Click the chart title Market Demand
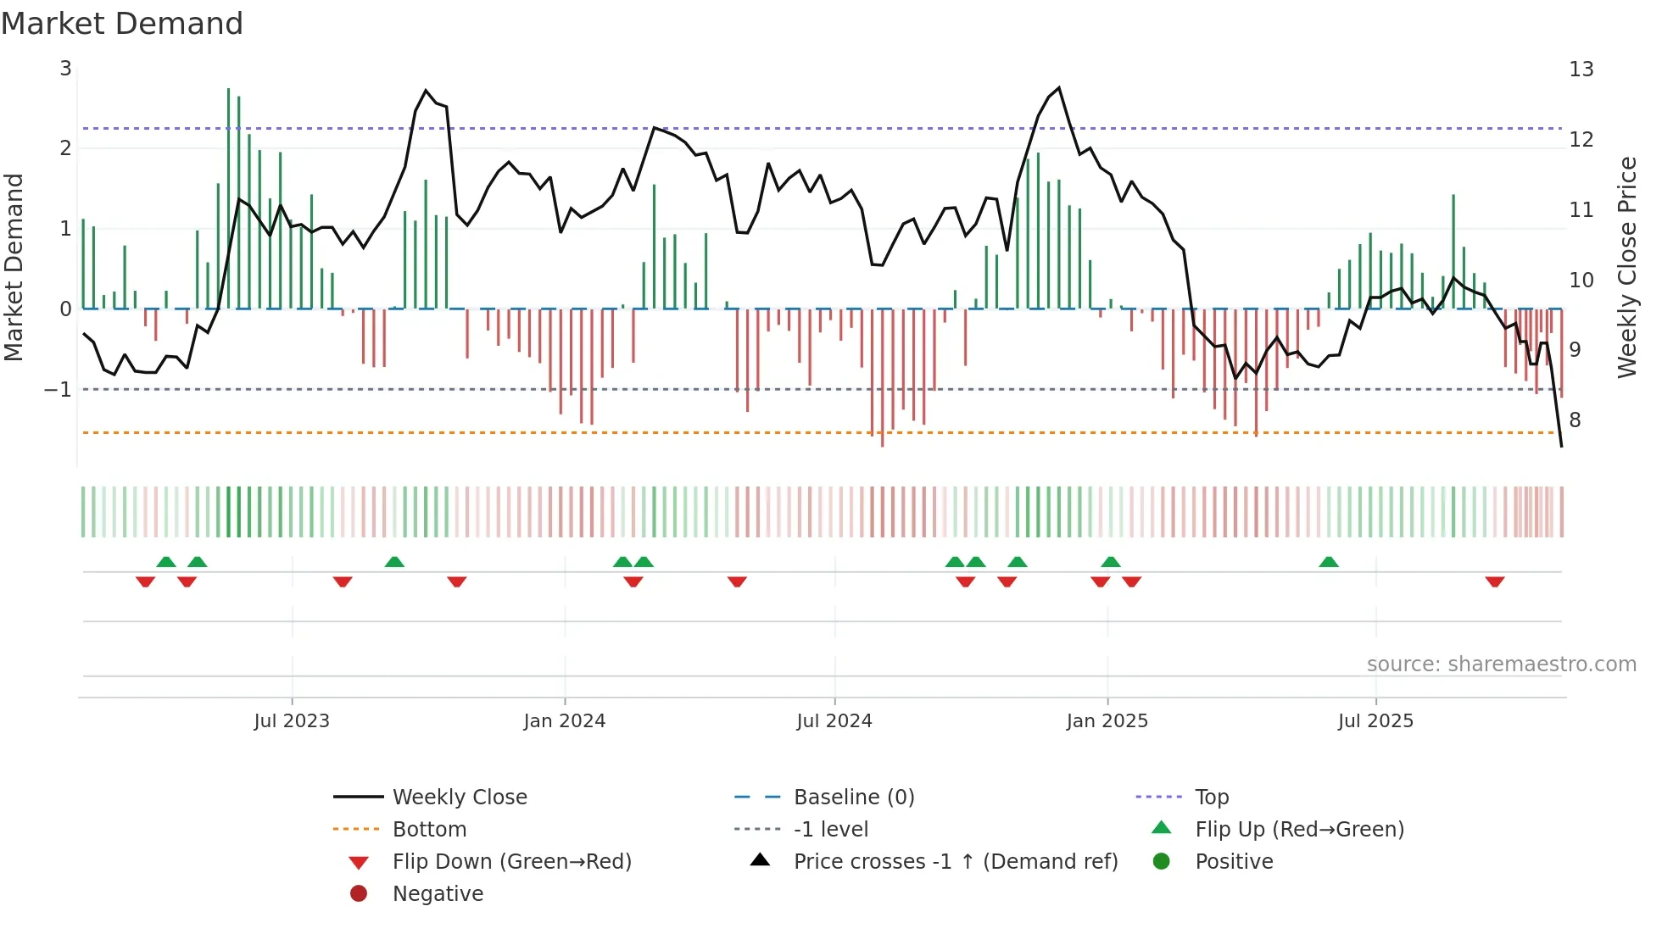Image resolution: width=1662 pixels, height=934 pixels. point(122,24)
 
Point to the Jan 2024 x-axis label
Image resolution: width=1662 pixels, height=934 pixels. point(564,721)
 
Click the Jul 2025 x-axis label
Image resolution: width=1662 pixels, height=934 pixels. point(1375,721)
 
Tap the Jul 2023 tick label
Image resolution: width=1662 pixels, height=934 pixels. point(292,721)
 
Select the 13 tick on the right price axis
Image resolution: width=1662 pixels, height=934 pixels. point(1581,69)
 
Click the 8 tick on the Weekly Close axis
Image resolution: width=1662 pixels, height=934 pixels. point(1575,420)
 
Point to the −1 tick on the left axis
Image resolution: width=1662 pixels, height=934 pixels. point(58,390)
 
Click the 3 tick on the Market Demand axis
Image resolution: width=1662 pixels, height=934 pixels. point(65,69)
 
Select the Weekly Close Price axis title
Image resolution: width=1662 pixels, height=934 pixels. point(1626,267)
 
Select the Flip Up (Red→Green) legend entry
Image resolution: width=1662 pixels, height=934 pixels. point(1299,830)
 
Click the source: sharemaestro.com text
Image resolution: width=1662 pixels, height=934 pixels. point(1501,664)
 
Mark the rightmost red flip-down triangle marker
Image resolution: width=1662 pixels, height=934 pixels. point(1495,581)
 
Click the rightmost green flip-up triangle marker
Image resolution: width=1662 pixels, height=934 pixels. point(1329,562)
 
